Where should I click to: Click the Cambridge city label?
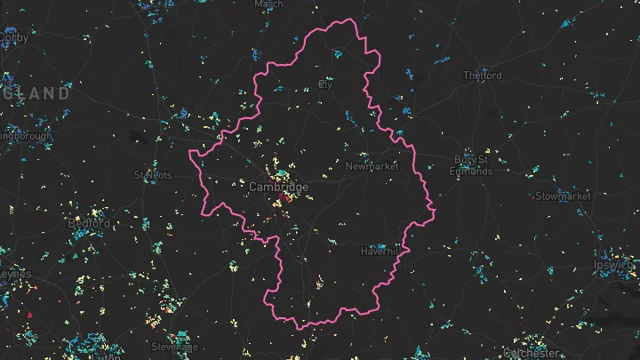278,188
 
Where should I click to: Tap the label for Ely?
325,85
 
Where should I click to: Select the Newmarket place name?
372,166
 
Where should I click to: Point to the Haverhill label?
382,252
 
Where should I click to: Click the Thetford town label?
483,76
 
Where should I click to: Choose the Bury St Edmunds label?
470,165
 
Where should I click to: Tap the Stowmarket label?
563,196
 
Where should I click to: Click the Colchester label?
532,353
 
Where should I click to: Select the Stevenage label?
175,347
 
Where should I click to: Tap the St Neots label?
151,175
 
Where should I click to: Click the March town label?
268,4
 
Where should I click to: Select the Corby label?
13,38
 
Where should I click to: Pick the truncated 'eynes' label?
14,275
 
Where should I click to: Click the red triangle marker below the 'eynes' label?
29,315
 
